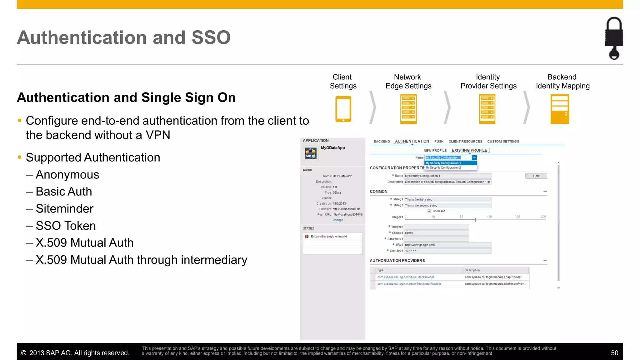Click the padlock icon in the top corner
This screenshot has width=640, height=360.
click(x=614, y=38)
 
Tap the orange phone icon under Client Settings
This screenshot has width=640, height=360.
click(x=343, y=109)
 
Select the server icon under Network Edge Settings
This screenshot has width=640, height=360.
click(x=408, y=109)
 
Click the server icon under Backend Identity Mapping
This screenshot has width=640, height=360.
click(x=559, y=109)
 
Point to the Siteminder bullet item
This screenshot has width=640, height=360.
click(x=64, y=209)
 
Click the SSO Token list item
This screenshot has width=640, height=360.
click(x=66, y=226)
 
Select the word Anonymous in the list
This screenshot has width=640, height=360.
click(x=67, y=175)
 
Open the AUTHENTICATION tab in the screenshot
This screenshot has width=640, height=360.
click(x=412, y=142)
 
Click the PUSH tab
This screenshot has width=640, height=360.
click(x=439, y=142)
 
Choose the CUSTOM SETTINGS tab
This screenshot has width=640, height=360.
click(x=503, y=142)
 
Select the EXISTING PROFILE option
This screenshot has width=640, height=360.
click(x=469, y=150)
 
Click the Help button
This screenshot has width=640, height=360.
click(x=536, y=176)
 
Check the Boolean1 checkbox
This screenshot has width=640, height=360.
click(x=429, y=211)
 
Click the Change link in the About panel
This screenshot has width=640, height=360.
click(x=338, y=220)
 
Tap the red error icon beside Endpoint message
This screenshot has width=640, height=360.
click(x=307, y=237)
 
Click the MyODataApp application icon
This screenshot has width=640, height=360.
click(x=311, y=153)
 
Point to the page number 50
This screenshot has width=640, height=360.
click(x=614, y=353)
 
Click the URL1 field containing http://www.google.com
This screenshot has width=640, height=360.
click(x=447, y=245)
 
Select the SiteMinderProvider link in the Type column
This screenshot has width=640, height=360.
click(x=409, y=284)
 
